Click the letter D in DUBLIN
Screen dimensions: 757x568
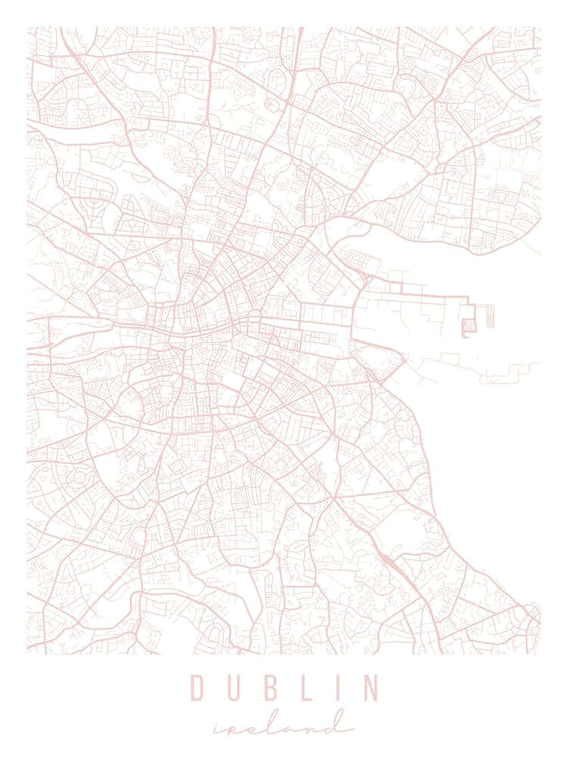198,688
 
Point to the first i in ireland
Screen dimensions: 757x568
219,728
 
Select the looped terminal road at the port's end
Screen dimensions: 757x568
467,328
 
